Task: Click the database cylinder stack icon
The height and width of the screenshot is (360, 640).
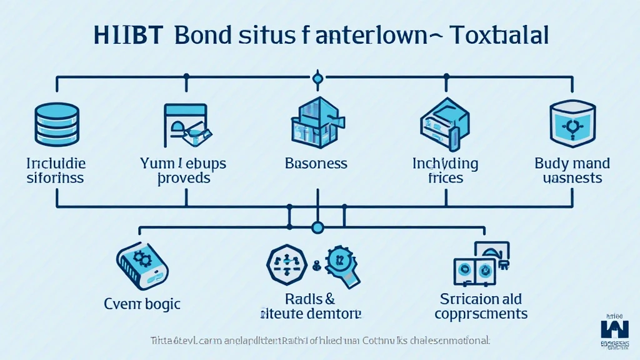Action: coord(56,121)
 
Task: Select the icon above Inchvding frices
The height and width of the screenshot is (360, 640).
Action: coord(445,121)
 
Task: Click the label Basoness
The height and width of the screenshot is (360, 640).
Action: coord(316,164)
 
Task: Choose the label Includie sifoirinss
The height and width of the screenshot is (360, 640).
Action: coord(56,171)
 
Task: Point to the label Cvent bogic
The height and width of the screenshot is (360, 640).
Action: coord(142,304)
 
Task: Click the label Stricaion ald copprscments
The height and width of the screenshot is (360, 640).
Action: coord(481,306)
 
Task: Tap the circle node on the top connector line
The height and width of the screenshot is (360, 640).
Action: coord(317,77)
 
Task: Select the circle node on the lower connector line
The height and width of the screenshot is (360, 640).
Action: coord(317,227)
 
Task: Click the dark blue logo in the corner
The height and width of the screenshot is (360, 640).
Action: coord(615,329)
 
